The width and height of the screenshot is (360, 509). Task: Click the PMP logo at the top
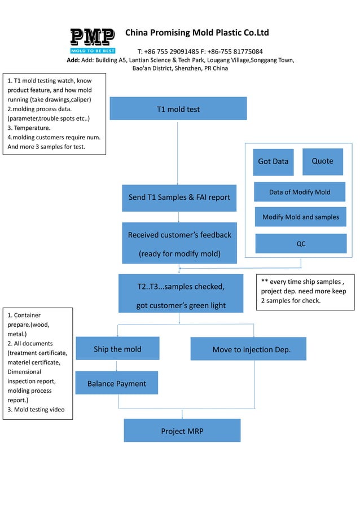[x=93, y=41]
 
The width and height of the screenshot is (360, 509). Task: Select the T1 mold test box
[x=178, y=109]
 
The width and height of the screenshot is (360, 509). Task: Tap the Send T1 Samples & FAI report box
[x=179, y=198]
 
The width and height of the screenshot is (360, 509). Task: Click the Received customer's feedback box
[x=179, y=243]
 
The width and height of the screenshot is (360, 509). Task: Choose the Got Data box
[x=273, y=161]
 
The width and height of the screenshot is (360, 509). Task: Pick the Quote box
[x=322, y=161]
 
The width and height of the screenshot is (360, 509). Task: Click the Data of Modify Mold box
[x=300, y=192]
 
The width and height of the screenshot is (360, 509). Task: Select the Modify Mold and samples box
[x=300, y=217]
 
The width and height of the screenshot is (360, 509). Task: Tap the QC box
[x=301, y=244]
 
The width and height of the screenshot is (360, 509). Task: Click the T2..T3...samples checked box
[x=181, y=294]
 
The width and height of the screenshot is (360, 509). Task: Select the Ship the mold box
[x=117, y=349]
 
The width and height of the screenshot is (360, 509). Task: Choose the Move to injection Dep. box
[x=248, y=349]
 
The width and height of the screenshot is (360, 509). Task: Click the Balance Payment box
[x=116, y=383]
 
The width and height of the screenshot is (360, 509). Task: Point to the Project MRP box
[x=182, y=431]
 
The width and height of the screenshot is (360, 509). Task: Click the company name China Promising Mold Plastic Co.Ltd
[x=196, y=32]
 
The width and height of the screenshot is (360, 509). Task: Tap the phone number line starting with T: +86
[x=200, y=51]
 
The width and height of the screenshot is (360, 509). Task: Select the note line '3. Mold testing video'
[x=36, y=410]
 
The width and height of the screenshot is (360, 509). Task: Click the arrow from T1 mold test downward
[x=178, y=152]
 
